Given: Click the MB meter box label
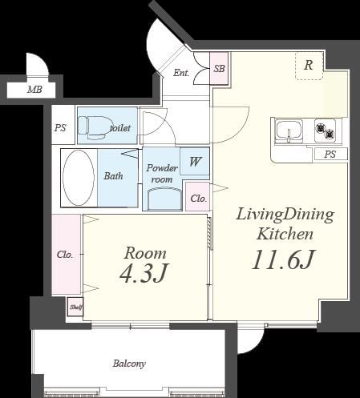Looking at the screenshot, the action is point(34,90).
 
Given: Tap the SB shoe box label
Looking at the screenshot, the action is point(219,69).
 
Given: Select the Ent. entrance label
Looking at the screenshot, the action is point(181,73).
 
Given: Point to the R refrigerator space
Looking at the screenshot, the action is point(309,66).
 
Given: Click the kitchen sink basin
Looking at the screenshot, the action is point(289,130).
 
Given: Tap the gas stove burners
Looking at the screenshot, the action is point(325,131).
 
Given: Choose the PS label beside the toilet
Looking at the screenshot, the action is point(60,128).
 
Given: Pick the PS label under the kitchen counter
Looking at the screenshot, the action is point(330,155).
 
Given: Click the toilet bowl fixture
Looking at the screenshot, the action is point(93,128).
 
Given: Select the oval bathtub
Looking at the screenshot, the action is point(79,178).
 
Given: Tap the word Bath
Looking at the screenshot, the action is point(113,176).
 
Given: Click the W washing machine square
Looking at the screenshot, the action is point(195,162).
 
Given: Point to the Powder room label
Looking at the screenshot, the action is point(162,174).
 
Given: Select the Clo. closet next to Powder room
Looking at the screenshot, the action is point(198,197).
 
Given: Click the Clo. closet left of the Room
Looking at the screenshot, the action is point(66,255).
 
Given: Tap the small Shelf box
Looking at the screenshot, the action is point(75,307).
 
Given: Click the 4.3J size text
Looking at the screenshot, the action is point(144,273).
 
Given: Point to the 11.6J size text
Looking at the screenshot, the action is point(284,259).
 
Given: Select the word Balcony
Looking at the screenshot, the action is point(129,364).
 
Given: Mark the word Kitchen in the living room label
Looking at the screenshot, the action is point(285,234).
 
